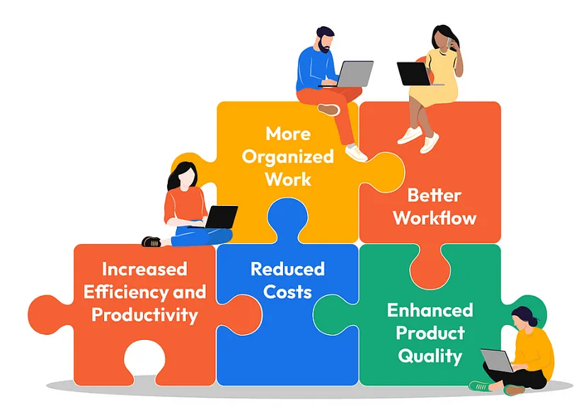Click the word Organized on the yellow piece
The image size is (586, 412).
click(x=288, y=157)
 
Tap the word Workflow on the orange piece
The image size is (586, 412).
click(x=435, y=218)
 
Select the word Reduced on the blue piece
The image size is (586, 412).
click(x=287, y=269)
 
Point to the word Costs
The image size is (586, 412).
click(x=287, y=292)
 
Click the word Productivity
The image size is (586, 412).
click(x=144, y=315)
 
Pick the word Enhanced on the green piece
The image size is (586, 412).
click(x=430, y=310)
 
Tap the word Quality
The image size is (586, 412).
click(x=430, y=356)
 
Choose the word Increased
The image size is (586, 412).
click(x=144, y=269)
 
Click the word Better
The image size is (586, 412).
click(x=435, y=195)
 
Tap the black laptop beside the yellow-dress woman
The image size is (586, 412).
click(x=415, y=74)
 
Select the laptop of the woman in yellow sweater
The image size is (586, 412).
click(x=498, y=360)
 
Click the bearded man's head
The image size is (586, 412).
click(x=325, y=39)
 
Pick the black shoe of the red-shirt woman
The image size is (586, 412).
click(x=151, y=241)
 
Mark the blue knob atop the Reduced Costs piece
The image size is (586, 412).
click(x=288, y=217)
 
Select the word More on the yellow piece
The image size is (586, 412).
click(x=288, y=134)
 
